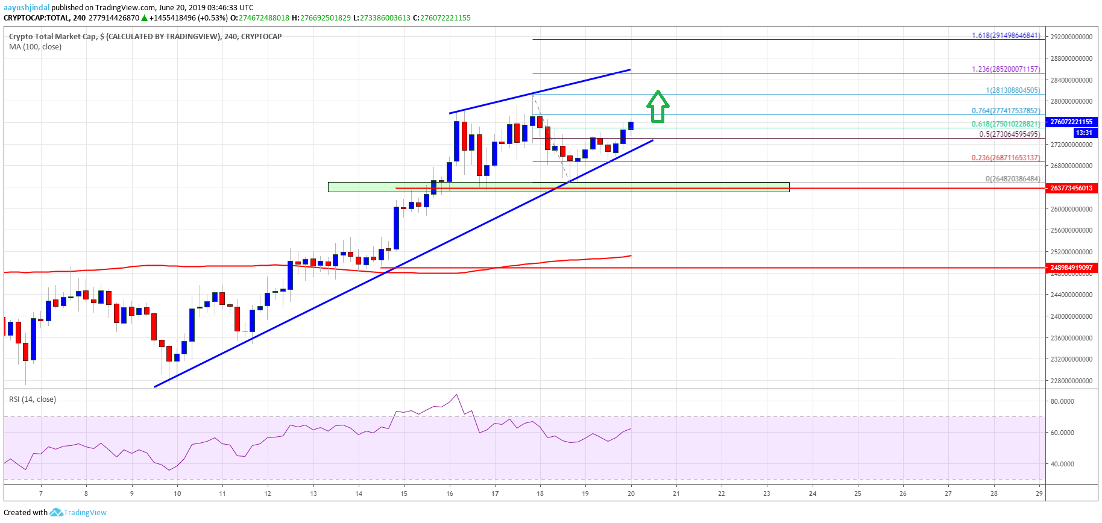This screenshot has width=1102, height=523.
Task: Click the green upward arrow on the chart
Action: click(x=658, y=107)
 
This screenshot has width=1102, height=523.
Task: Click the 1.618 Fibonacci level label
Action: click(x=1006, y=36)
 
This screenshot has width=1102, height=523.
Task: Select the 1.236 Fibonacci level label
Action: click(x=1006, y=69)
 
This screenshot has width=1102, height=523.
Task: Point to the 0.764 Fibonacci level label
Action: click(x=1006, y=111)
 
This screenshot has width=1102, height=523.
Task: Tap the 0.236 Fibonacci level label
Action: click(x=1006, y=158)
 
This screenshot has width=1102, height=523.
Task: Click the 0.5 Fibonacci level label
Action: click(x=1009, y=134)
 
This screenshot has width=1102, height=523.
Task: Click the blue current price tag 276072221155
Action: click(x=1071, y=122)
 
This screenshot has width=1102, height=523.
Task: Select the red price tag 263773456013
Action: click(x=1071, y=188)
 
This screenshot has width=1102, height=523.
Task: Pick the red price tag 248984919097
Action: click(x=1071, y=268)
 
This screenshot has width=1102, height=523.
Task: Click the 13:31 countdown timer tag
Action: click(x=1084, y=133)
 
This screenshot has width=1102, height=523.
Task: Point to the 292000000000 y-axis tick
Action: click(x=1071, y=37)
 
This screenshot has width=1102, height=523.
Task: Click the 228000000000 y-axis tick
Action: click(x=1071, y=381)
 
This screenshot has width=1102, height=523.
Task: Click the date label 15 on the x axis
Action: click(x=404, y=493)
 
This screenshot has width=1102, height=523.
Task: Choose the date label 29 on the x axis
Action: click(x=1039, y=493)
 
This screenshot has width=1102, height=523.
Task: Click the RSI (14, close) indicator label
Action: click(x=33, y=399)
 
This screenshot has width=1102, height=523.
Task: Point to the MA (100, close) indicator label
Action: click(x=35, y=47)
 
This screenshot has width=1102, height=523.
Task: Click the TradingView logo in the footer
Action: click(x=78, y=513)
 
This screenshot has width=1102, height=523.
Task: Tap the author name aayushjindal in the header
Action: click(x=27, y=8)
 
